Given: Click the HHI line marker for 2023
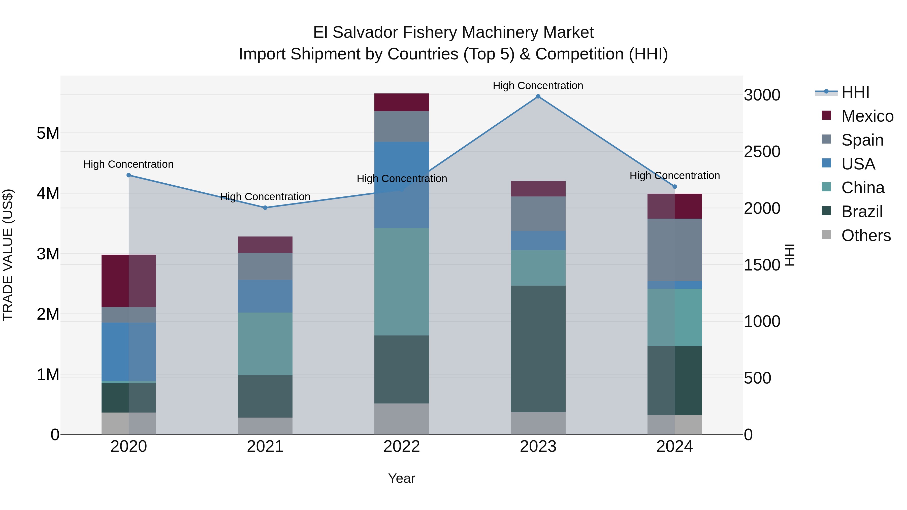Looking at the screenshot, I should pos(538,96).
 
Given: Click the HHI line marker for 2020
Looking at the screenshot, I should pos(128,175).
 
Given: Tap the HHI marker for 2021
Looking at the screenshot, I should pos(265,208).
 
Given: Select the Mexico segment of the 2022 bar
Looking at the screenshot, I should pos(401,103).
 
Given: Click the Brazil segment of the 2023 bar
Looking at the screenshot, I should pos(538,349).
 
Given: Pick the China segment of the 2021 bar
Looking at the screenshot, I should pos(265,344).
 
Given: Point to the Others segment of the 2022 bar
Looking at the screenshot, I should pos(401,419).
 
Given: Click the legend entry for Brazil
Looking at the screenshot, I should pos(862,212).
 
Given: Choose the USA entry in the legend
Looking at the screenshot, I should pos(858,164).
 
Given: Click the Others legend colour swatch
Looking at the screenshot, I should pos(826,235).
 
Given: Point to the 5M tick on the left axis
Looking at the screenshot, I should pos(48,133).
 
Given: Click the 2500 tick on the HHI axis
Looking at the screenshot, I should pos(762,152).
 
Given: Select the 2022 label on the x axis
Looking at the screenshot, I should pos(401,447).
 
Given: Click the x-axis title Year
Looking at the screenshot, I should pos(401,478).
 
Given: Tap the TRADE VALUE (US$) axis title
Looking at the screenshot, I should pos(8,255).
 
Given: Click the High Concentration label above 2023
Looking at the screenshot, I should pos(538,86).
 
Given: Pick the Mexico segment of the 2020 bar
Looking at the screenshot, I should pos(128,281).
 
